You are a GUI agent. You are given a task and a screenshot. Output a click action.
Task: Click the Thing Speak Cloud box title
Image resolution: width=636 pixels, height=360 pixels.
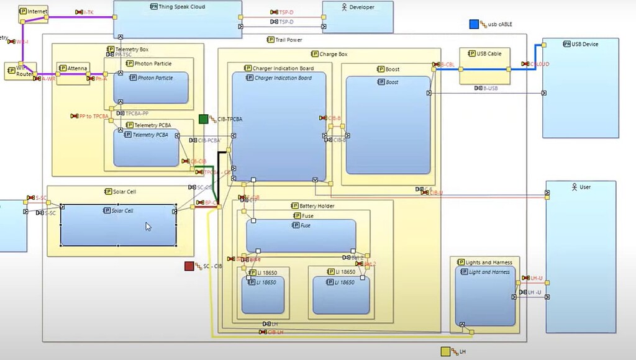[x=182, y=7]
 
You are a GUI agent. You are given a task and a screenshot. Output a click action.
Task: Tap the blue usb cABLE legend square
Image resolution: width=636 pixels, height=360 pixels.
[x=474, y=24]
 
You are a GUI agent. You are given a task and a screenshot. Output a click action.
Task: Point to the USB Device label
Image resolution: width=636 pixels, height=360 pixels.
[x=585, y=44]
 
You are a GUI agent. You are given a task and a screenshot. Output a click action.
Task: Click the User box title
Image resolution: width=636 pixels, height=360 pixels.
[x=584, y=186]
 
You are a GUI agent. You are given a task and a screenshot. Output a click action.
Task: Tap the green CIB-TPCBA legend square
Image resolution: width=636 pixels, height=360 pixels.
[x=204, y=119]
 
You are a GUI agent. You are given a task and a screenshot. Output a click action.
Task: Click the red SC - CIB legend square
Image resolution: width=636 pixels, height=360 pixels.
[x=189, y=266]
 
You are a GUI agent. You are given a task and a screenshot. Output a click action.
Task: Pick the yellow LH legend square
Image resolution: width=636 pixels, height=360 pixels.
[x=445, y=352]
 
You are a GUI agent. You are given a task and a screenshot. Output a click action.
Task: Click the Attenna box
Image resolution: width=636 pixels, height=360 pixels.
[x=73, y=68]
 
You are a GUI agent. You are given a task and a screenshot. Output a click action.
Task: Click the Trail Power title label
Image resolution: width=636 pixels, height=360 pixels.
[x=288, y=40]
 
